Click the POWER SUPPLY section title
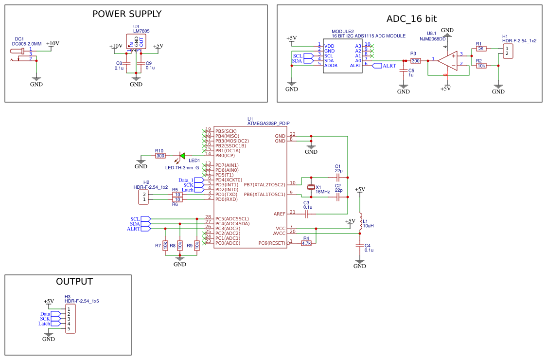point(127,14)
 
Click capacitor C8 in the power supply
point(127,63)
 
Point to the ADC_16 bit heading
point(411,19)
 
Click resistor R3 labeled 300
point(415,61)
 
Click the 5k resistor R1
point(481,48)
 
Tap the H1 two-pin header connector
point(507,51)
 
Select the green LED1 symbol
point(182,156)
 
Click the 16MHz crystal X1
point(311,188)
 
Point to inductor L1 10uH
point(360,221)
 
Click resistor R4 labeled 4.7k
point(306,243)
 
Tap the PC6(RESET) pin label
point(271,243)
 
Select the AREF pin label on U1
point(279,214)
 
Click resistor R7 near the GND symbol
point(165,246)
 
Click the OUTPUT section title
point(74,282)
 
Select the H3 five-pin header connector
point(70,319)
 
